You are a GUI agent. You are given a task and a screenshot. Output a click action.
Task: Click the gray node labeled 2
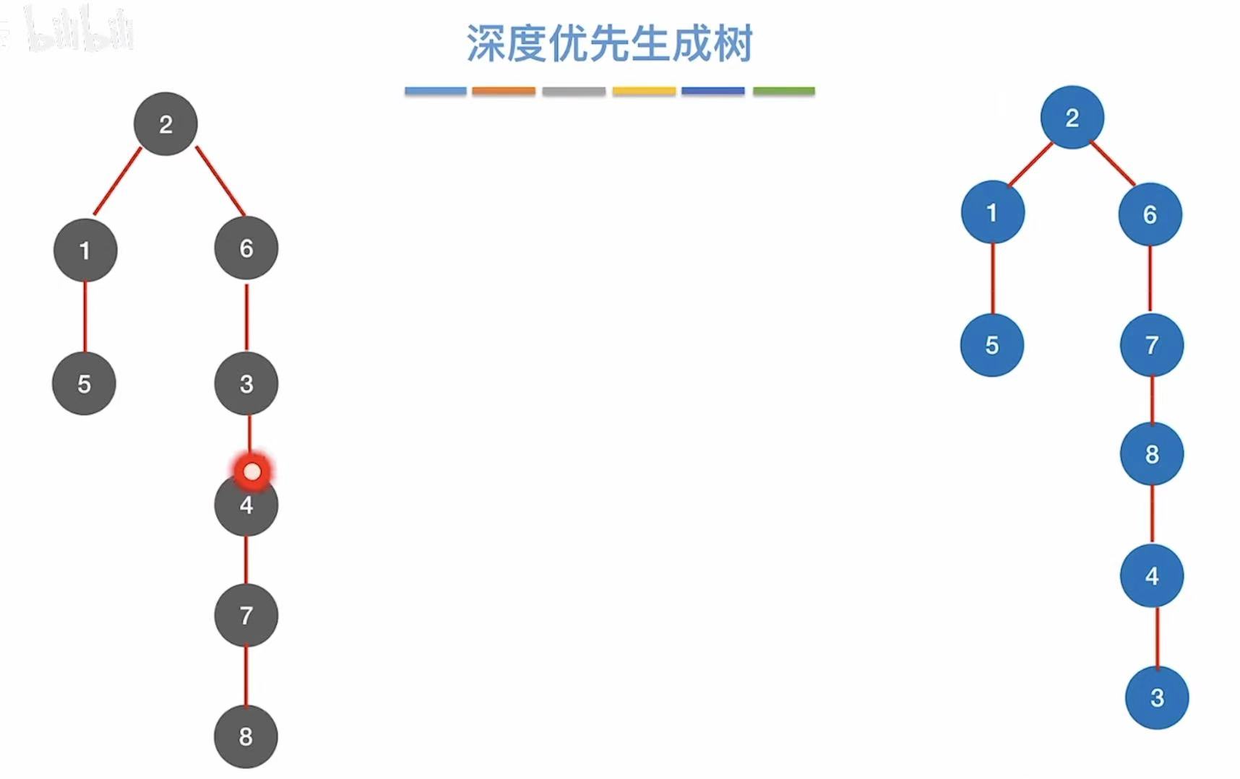(x=165, y=124)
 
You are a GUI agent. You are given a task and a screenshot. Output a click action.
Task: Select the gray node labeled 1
(x=85, y=251)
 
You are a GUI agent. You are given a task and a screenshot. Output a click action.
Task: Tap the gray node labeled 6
(x=246, y=248)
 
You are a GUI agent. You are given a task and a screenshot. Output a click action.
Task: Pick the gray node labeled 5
(x=84, y=383)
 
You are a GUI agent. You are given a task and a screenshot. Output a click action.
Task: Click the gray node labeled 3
(x=246, y=383)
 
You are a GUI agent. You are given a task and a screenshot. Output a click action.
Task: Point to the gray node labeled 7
(x=246, y=615)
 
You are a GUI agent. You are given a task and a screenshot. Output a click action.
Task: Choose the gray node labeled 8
(x=246, y=736)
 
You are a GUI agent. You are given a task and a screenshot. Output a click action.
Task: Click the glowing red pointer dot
(x=252, y=471)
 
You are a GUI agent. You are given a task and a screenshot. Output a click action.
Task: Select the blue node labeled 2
(x=1072, y=118)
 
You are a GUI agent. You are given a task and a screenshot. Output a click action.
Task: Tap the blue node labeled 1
(x=992, y=212)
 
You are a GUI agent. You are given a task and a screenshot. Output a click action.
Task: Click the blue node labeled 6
(x=1150, y=214)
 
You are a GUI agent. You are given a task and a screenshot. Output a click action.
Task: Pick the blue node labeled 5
(x=991, y=345)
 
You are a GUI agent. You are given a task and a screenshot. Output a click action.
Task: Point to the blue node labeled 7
(x=1152, y=345)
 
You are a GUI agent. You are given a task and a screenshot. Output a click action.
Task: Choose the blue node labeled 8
(x=1152, y=454)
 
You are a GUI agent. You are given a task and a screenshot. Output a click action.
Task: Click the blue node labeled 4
(x=1152, y=575)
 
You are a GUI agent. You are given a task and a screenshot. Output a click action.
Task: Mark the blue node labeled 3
(x=1157, y=697)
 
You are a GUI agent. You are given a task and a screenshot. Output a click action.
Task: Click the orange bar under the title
(x=504, y=91)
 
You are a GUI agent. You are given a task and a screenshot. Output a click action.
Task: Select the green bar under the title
(x=783, y=91)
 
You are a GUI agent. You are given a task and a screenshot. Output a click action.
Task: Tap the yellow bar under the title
(x=644, y=91)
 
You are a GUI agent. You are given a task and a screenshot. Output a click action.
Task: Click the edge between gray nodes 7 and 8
(x=246, y=676)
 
